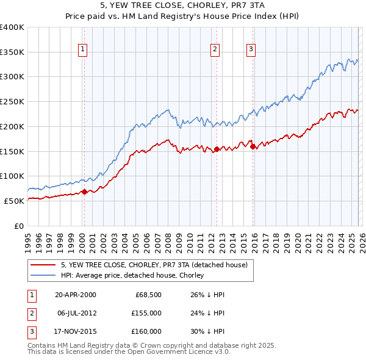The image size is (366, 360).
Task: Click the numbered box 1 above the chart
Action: point(82,51)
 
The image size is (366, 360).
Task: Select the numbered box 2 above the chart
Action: point(215,51)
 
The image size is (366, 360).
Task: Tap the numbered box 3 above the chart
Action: point(251,51)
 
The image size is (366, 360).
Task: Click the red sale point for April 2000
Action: point(84,192)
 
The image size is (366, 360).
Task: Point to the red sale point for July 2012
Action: point(217,148)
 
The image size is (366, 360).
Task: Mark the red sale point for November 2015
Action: point(253,146)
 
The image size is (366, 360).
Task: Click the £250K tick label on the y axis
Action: point(12,102)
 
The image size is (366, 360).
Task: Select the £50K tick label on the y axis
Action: point(13,201)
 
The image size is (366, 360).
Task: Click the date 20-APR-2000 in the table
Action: point(75,295)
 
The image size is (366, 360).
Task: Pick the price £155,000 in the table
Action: point(146,312)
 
